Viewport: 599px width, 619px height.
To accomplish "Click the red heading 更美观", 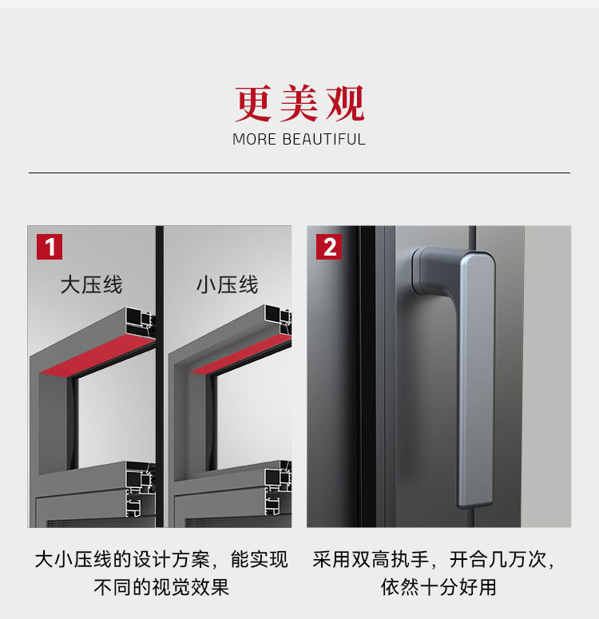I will pos(299,104).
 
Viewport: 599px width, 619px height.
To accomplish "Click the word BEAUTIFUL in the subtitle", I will pos(323,140).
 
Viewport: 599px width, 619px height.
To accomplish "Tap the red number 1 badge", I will pos(50,246).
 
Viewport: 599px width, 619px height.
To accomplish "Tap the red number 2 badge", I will pos(329,246).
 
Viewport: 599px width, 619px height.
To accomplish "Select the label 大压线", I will pos(91,284).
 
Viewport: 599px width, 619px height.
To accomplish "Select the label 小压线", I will pos(227,284).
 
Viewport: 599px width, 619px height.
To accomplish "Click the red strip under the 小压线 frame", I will pos(240,355).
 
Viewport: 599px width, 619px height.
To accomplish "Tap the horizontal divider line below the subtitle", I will pos(299,173).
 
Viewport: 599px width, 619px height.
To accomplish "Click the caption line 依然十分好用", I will pos(438,587).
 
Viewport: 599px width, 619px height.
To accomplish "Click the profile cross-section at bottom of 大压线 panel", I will pos(140,491).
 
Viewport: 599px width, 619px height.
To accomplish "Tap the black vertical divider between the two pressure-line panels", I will pos(160,375).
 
